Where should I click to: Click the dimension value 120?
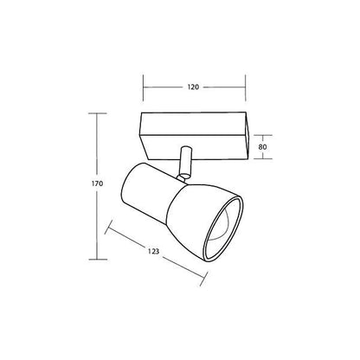point(193,87)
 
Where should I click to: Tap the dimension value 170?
point(97,183)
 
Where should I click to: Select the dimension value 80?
point(262,147)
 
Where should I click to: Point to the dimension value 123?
point(154,251)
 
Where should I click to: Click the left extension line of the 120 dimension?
point(143,88)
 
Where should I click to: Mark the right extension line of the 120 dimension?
point(246,88)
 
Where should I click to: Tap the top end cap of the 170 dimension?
point(98,113)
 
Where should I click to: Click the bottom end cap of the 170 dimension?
point(98,260)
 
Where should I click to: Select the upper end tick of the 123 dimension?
point(109,227)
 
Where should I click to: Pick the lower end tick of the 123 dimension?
point(204,279)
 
